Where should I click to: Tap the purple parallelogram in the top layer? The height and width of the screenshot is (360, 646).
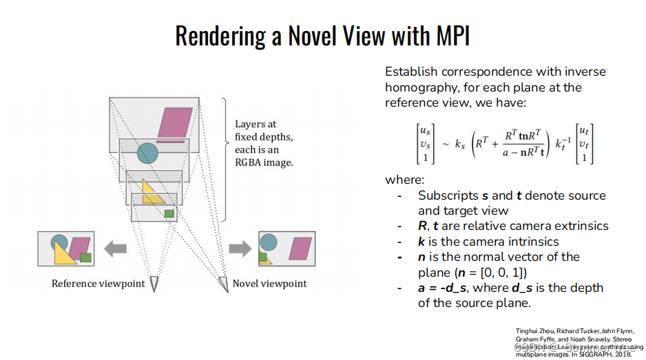point(175,123)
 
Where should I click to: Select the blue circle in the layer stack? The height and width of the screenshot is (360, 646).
point(147,153)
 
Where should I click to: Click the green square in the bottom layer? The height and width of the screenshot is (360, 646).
point(169,214)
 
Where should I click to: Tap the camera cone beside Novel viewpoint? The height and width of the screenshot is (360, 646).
point(222,284)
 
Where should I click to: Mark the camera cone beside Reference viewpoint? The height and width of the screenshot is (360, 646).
point(154,284)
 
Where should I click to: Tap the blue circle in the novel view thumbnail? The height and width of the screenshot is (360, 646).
point(269,242)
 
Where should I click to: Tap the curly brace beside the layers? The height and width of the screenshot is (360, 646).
point(225,138)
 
